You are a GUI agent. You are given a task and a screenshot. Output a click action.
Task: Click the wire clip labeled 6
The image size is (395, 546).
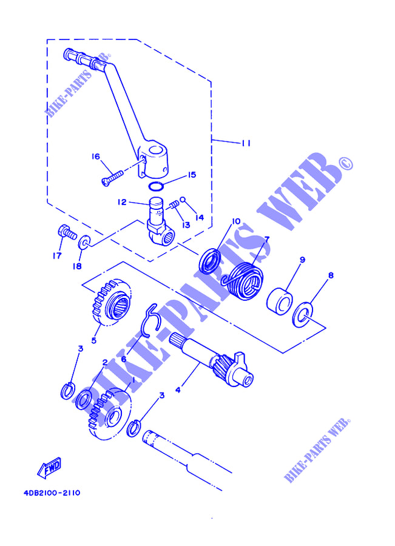tap(150, 319)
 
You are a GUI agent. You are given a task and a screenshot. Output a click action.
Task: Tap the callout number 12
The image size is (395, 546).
tap(121, 202)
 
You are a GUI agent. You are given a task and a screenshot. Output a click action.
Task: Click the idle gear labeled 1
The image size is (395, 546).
tap(109, 412)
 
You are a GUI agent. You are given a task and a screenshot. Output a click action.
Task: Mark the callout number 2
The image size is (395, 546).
tap(105, 362)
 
